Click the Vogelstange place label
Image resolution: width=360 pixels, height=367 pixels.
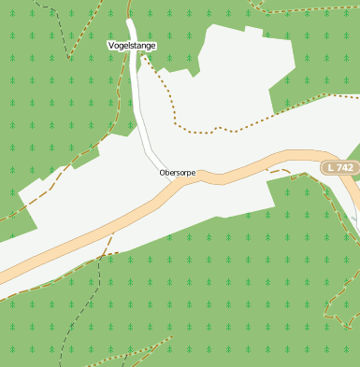click(x=132, y=45)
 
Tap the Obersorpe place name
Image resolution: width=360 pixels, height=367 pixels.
click(x=177, y=173)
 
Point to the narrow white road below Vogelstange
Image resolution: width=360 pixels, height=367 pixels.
click(x=140, y=103)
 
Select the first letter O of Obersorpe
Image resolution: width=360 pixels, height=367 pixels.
click(x=163, y=173)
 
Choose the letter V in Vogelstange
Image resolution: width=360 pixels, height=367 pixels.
click(x=111, y=45)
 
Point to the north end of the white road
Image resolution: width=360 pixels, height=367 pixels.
click(x=130, y=23)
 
